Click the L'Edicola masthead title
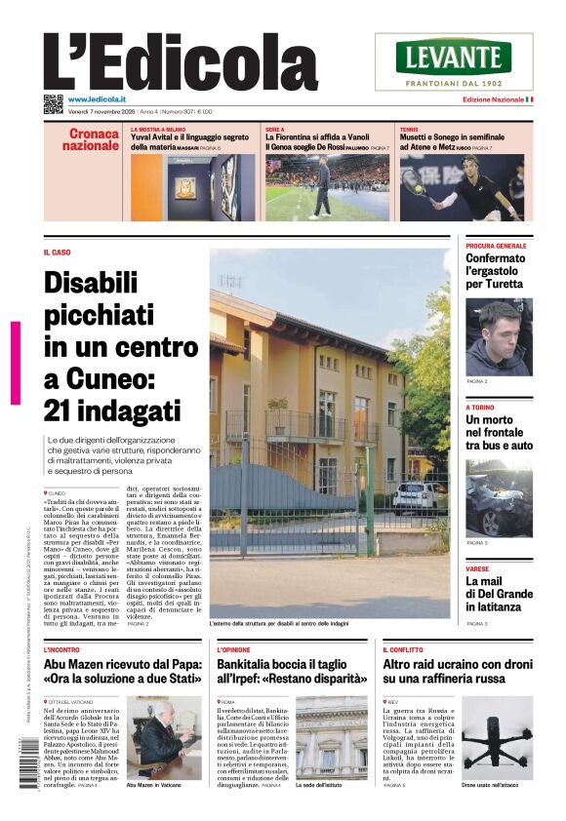click(166, 63)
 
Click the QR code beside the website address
click(53, 102)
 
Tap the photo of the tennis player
click(462, 187)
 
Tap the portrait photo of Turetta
click(499, 336)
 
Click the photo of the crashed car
click(499, 497)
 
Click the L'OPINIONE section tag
click(233, 648)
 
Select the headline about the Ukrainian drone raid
click(457, 670)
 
